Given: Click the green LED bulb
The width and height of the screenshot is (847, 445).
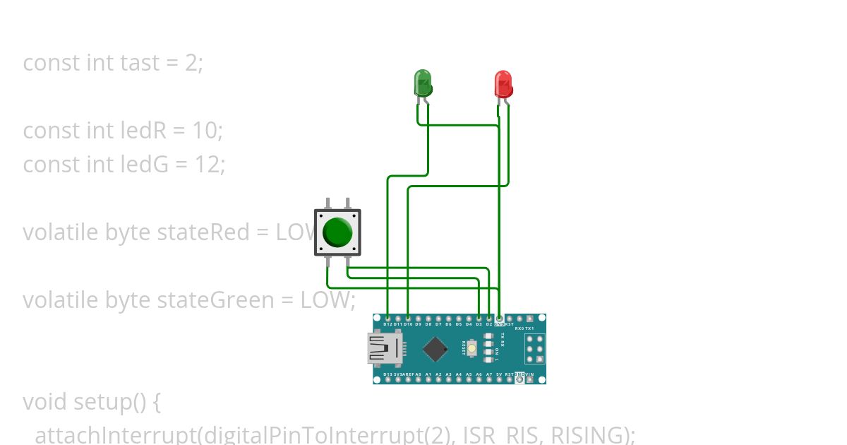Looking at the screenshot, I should [422, 83].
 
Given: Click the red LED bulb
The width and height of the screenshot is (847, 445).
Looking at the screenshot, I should [503, 83].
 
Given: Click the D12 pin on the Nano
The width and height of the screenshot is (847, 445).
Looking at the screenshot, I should [388, 319].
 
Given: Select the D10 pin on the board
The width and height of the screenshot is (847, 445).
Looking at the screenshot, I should [408, 319].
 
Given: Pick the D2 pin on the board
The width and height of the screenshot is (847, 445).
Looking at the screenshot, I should [489, 319].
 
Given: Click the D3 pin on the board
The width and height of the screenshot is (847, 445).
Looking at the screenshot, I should [479, 319].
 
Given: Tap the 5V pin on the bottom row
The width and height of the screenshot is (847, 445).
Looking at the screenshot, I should [499, 379].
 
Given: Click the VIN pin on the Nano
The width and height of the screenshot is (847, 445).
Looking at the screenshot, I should [529, 379].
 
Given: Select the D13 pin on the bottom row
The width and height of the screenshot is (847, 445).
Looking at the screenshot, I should [388, 379].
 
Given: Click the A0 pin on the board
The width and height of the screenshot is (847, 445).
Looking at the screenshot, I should [418, 379].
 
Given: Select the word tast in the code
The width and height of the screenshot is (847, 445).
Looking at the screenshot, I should [140, 63].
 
